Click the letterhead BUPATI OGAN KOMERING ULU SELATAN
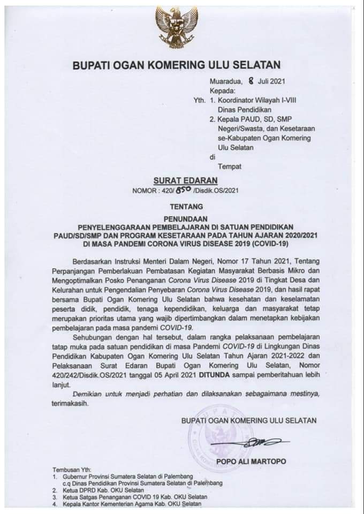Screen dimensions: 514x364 pos(177,65)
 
